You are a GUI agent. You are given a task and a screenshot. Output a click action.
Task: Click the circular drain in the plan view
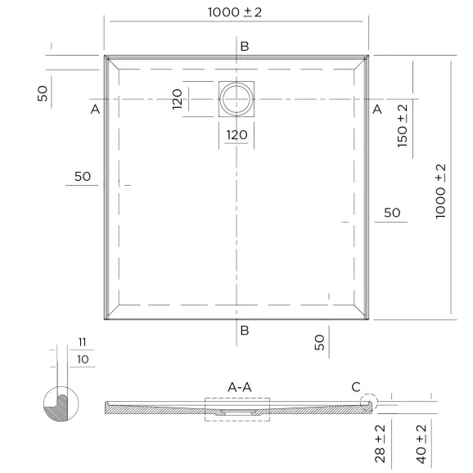[236, 99]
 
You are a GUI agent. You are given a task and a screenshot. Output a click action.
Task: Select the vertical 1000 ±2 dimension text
[441, 190]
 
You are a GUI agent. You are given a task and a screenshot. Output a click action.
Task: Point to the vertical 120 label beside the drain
[177, 99]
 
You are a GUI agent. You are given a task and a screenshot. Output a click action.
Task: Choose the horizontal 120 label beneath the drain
[236, 135]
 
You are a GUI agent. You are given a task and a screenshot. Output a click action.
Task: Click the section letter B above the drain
[244, 46]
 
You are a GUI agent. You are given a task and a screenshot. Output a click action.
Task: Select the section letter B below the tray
[244, 331]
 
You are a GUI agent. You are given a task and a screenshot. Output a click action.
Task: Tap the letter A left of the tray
[96, 109]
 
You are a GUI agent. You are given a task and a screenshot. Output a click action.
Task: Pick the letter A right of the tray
[377, 109]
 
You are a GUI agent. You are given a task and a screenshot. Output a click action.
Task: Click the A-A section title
[239, 385]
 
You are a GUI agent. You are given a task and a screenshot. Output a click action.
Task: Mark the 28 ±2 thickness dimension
[380, 444]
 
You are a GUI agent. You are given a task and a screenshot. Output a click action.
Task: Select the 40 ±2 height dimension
[422, 444]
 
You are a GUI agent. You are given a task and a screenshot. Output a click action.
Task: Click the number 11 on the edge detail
[82, 342]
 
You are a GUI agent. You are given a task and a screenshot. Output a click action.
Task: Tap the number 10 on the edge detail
[82, 358]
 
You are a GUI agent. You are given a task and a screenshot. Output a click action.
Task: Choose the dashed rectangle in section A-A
[236, 409]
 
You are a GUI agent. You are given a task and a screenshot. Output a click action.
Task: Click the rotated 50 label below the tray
[320, 342]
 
